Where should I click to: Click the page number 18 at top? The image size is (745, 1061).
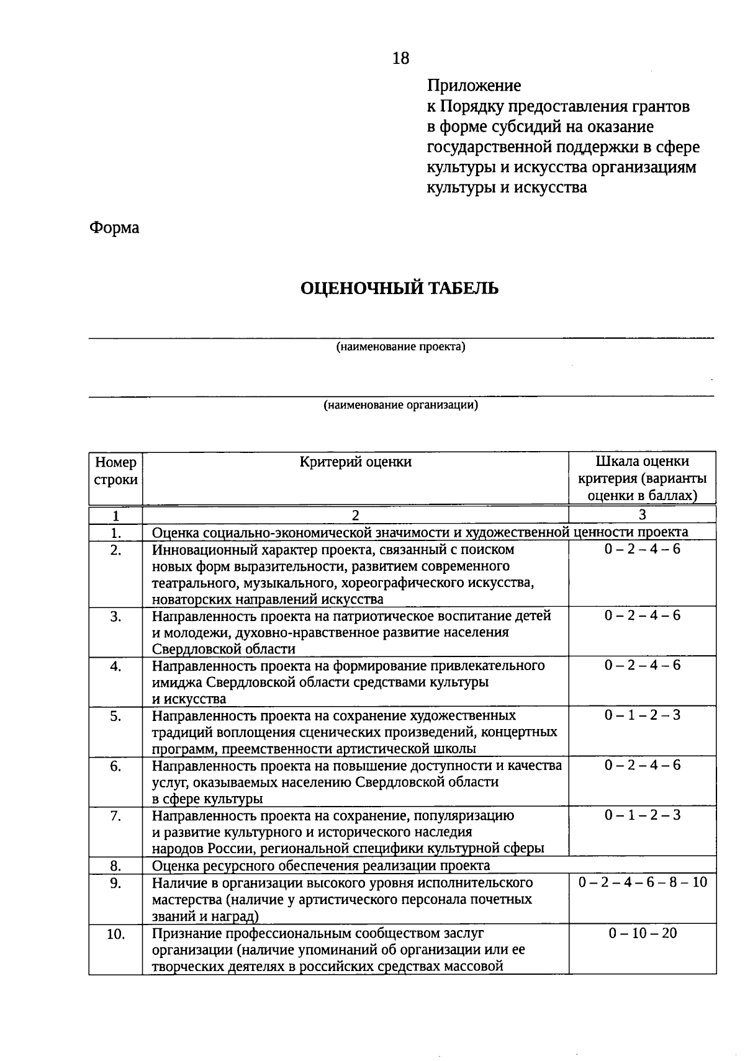400,58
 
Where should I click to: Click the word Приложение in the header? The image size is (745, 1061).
474,86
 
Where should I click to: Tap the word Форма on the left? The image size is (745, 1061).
114,228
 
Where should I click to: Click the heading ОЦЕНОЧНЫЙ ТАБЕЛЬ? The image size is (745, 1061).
399,289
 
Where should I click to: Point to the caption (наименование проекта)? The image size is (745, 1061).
400,347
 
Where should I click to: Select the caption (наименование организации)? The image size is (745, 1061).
400,406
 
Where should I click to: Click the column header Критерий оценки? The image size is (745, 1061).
355,462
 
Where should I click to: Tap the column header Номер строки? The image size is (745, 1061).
115,471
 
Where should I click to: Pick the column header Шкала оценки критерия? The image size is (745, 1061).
642,478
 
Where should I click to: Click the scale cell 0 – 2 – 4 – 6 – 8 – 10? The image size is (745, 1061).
642,882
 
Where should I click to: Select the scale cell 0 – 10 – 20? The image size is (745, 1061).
642,933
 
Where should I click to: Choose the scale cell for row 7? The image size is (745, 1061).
642,815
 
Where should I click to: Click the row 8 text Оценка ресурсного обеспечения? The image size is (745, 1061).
321,866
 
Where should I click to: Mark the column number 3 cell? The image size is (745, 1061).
642,514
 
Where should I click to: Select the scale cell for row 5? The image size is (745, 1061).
642,715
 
